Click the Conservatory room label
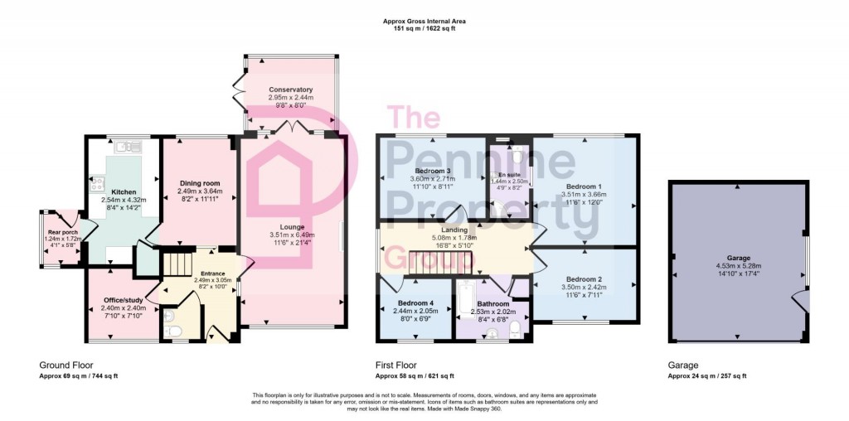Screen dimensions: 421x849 coord(290,90)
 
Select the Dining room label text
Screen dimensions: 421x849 coord(199,183)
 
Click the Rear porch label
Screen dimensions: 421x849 coord(58,232)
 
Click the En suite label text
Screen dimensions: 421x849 coord(509,175)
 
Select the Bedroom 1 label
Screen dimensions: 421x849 coord(585,186)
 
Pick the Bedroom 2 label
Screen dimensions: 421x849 coord(585,279)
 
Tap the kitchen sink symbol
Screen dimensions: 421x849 coord(128,147)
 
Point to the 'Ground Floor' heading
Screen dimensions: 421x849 coord(66,365)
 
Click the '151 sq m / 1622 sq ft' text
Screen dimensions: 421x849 coord(424,28)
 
